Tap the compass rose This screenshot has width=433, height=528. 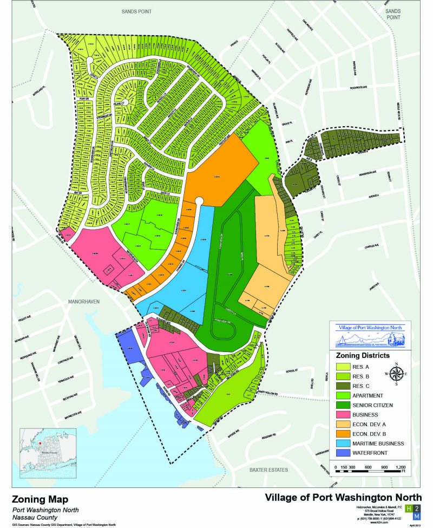coord(396,374)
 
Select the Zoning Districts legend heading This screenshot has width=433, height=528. coord(363,356)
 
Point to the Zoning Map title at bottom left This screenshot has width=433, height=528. coord(40,499)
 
